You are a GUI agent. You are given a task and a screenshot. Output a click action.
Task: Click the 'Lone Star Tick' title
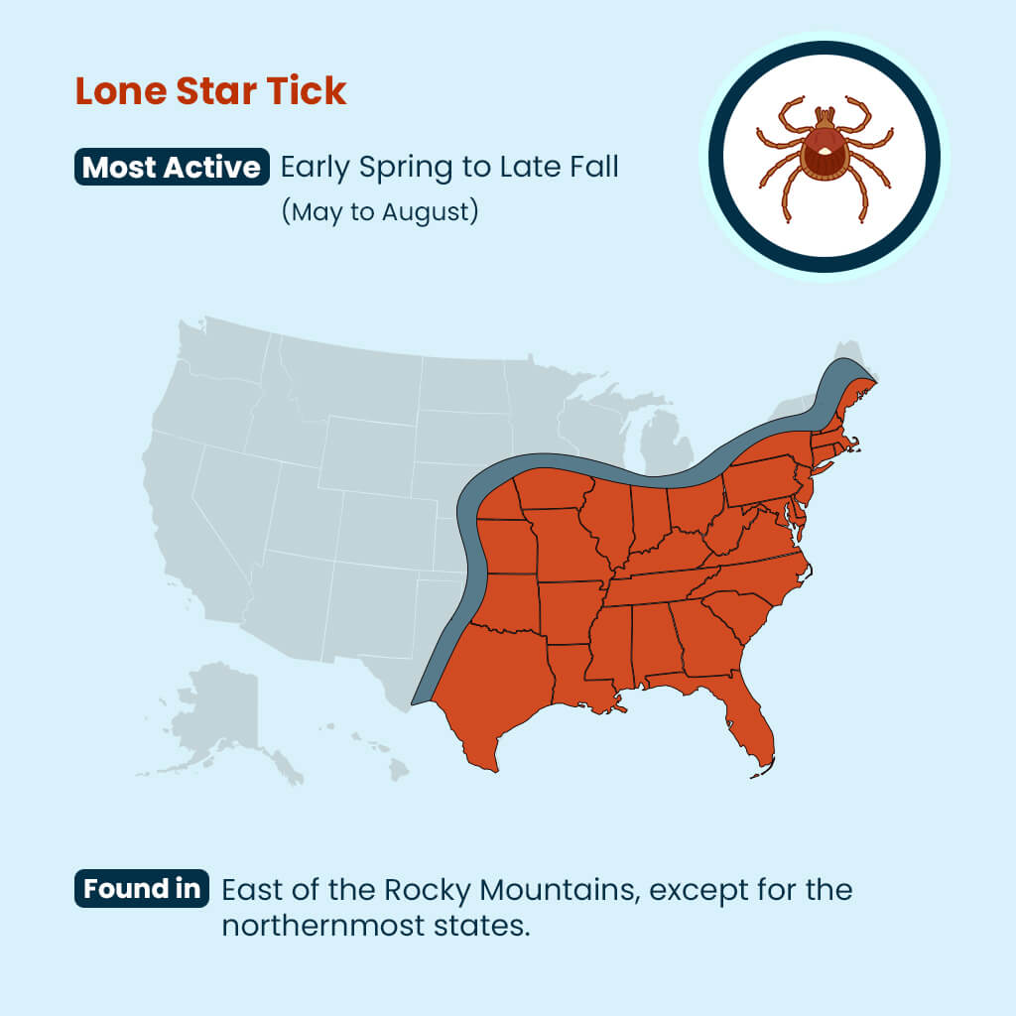click(x=211, y=91)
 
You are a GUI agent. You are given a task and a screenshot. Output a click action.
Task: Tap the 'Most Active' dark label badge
click(x=173, y=167)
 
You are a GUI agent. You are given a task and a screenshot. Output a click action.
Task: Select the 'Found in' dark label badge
click(x=142, y=889)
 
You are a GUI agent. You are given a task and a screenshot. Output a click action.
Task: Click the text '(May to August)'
click(x=380, y=212)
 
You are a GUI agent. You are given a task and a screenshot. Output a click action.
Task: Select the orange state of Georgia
click(x=707, y=640)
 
